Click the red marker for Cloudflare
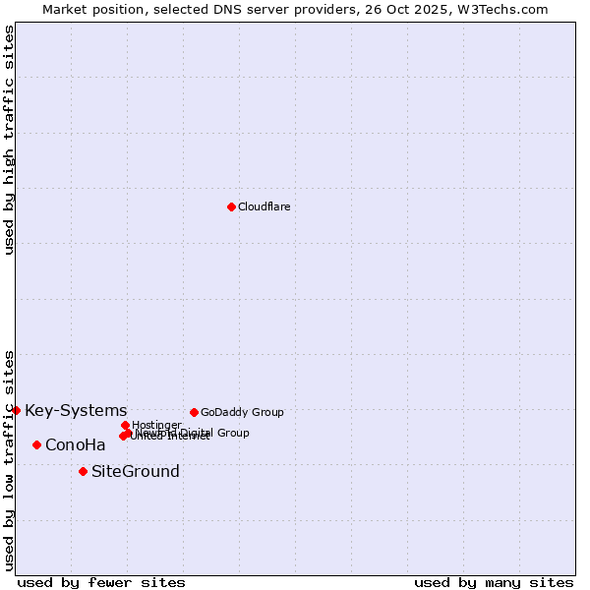pyautogui.click(x=231, y=206)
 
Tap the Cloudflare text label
pyautogui.click(x=264, y=206)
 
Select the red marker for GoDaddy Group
pyautogui.click(x=194, y=412)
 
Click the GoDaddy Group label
pyautogui.click(x=242, y=412)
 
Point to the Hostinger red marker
pyautogui.click(x=125, y=425)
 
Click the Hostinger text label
pyautogui.click(x=156, y=425)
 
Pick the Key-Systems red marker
pyautogui.click(x=16, y=410)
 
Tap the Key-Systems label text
pyautogui.click(x=76, y=410)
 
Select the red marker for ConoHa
pyautogui.click(x=36, y=444)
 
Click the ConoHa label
pyautogui.click(x=76, y=444)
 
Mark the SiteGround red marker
pyautogui.click(x=83, y=471)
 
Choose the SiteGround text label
pyautogui.click(x=136, y=471)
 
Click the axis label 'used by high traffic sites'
pyautogui.click(x=9, y=140)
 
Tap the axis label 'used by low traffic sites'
pyautogui.click(x=9, y=459)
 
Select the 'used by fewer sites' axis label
pyautogui.click(x=101, y=582)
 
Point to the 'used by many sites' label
pyautogui.click(x=494, y=582)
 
